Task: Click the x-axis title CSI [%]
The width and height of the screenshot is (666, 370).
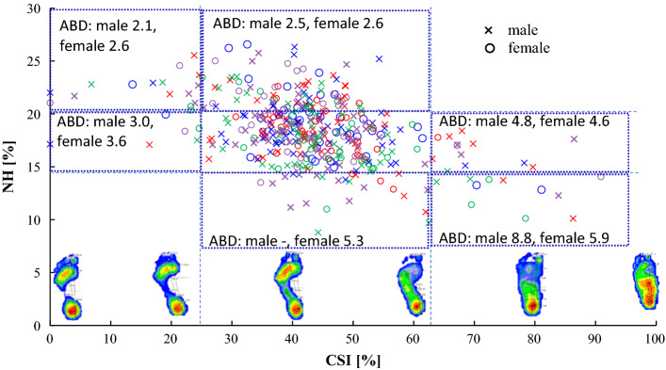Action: [x=353, y=360]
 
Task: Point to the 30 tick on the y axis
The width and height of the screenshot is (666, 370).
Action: [x=36, y=8]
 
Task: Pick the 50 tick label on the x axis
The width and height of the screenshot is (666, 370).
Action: [x=352, y=337]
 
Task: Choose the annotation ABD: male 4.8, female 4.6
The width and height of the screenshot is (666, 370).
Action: [x=525, y=121]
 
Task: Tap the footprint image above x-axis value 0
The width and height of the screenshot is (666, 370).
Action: [x=64, y=286]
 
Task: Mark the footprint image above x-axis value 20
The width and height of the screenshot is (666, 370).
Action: [x=171, y=286]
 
